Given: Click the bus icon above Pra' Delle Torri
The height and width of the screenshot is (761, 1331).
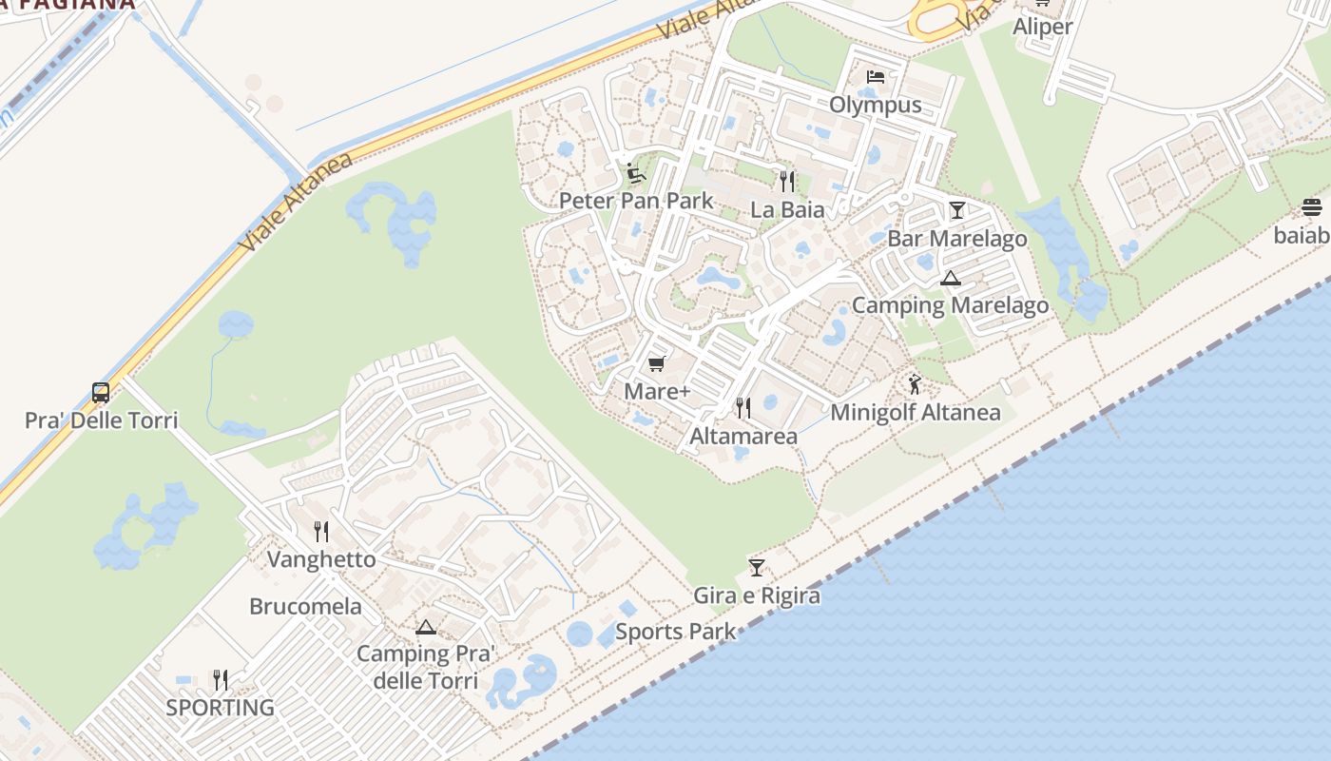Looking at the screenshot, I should (101, 392).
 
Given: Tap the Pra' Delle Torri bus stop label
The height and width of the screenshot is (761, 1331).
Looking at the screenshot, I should (101, 420).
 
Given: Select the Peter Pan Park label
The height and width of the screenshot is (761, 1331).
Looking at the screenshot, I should (636, 201).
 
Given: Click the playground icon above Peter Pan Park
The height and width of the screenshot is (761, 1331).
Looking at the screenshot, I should (635, 174).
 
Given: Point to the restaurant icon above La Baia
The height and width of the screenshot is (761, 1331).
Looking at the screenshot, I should (787, 181).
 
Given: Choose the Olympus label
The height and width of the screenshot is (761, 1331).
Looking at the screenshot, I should (876, 105).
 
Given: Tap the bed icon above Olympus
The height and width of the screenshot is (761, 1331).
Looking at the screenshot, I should (876, 77).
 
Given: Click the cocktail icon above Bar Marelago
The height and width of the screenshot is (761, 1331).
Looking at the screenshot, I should (956, 210).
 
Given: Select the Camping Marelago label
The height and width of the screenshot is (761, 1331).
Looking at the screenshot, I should (950, 305).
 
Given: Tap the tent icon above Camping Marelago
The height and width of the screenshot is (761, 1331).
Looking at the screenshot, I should (950, 279).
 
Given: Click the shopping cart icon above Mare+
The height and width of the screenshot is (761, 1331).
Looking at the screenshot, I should (656, 364).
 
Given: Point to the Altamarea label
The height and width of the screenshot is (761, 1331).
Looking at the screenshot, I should (743, 437).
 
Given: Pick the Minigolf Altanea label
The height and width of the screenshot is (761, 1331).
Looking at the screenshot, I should (916, 412).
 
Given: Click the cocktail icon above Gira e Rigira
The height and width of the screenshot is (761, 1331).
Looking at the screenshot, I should (757, 568).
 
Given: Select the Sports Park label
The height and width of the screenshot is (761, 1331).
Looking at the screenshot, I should (675, 631).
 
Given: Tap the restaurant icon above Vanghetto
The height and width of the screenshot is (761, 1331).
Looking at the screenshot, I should (321, 532).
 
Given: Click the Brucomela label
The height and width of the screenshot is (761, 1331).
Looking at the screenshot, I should (305, 606).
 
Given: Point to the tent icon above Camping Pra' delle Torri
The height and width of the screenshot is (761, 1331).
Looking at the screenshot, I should (425, 627).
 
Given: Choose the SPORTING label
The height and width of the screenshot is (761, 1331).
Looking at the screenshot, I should (220, 708).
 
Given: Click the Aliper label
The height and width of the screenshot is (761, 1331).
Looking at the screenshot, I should (1042, 27).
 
